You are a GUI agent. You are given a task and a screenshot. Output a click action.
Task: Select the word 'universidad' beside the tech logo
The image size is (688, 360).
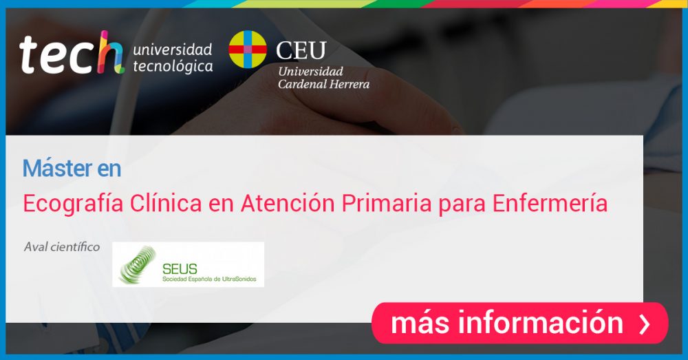coord(173,49)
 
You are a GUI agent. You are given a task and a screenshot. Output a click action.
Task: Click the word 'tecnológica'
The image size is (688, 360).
coord(173,66)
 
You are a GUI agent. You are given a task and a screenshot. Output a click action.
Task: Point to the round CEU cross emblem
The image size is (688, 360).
coord(248,49)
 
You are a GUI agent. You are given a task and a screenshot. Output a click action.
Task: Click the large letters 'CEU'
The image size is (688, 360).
coord(301,50)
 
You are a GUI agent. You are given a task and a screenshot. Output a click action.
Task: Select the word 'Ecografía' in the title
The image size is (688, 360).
coord(74,204)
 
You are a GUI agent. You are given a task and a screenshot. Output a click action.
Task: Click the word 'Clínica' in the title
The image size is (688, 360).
coord(166,203)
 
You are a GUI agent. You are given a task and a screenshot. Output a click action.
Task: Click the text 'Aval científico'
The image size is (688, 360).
coord(62,246)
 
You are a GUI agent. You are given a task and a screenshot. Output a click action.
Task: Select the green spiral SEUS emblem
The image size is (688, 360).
coord(138,265)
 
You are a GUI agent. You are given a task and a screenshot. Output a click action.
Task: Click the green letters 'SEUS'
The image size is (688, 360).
coord(180,268)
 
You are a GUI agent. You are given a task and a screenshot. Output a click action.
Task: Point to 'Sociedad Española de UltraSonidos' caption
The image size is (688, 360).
coord(209,279)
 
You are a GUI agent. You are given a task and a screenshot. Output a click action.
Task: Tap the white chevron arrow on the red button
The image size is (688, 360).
coord(644,324)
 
